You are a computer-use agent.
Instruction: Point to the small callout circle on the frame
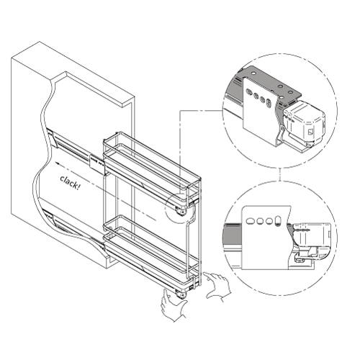178,207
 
